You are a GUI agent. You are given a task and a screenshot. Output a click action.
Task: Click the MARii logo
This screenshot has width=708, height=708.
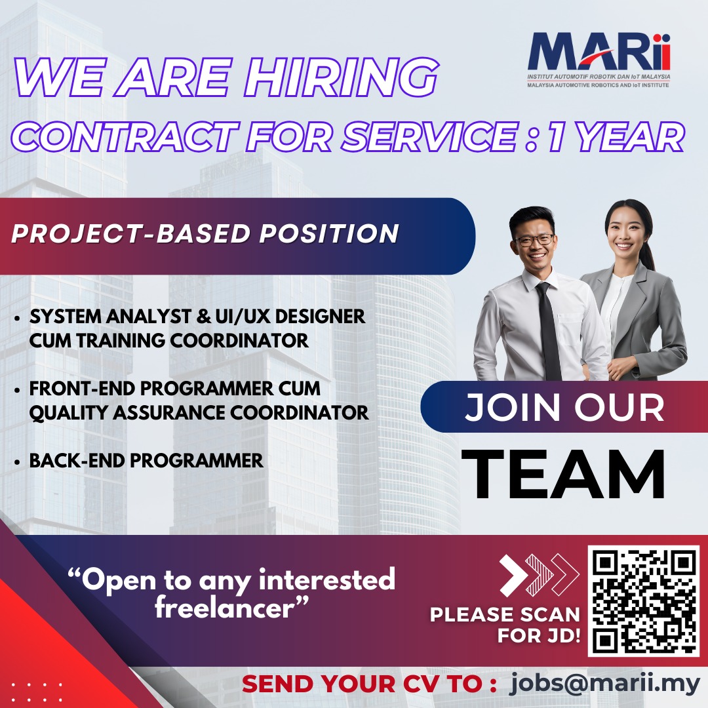tap(599, 59)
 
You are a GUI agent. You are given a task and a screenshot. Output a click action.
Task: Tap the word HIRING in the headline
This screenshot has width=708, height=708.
tap(341, 77)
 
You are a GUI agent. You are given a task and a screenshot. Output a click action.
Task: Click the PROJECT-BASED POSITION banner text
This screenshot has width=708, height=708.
tap(205, 233)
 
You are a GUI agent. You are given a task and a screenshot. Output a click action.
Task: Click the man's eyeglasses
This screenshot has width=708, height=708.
tap(535, 240)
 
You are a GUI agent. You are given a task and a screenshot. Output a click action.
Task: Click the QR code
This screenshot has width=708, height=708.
tap(643, 601)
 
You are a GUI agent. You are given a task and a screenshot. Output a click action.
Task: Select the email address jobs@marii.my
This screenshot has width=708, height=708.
tap(604, 683)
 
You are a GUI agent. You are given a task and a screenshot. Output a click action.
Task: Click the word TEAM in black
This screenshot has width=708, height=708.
tap(563, 474)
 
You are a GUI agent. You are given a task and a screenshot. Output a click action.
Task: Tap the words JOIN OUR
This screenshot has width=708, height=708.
tap(564, 407)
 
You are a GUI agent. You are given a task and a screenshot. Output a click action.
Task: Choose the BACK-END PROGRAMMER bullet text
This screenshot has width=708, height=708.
tap(146, 461)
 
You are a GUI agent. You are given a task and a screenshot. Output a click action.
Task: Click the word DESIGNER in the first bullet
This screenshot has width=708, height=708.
tap(320, 316)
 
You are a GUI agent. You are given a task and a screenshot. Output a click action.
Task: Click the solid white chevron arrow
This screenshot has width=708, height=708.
tap(513, 574)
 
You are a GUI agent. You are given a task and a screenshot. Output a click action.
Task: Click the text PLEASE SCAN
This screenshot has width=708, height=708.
tap(505, 614)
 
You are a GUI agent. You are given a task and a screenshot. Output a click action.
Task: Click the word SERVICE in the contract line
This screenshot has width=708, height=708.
tap(429, 136)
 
